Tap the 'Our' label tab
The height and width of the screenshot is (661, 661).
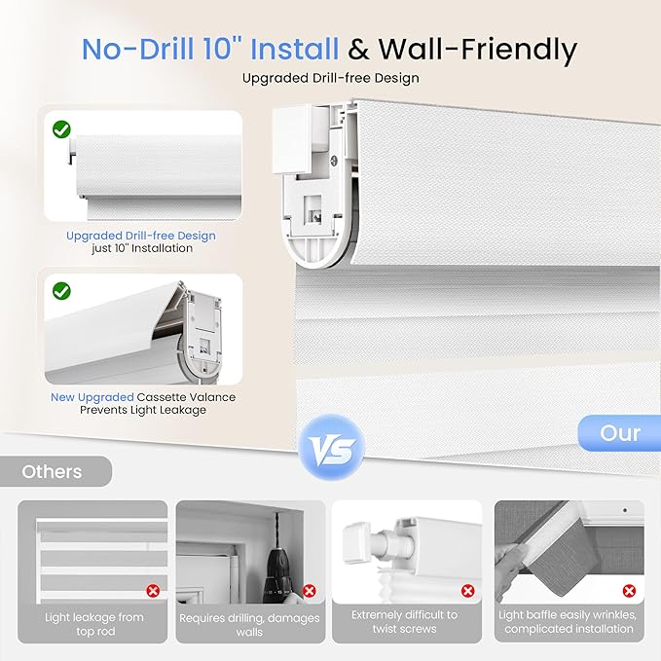619,433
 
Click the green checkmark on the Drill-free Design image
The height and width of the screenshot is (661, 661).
61,128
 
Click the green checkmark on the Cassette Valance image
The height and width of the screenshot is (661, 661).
61,290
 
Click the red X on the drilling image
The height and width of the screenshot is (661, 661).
309,590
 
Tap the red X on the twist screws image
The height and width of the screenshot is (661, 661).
467,590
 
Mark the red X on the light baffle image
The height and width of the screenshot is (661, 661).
628,590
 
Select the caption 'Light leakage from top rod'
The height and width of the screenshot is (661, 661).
93,624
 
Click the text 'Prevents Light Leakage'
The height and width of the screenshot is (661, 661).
143,411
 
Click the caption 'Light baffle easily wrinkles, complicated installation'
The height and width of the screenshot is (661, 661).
568,622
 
